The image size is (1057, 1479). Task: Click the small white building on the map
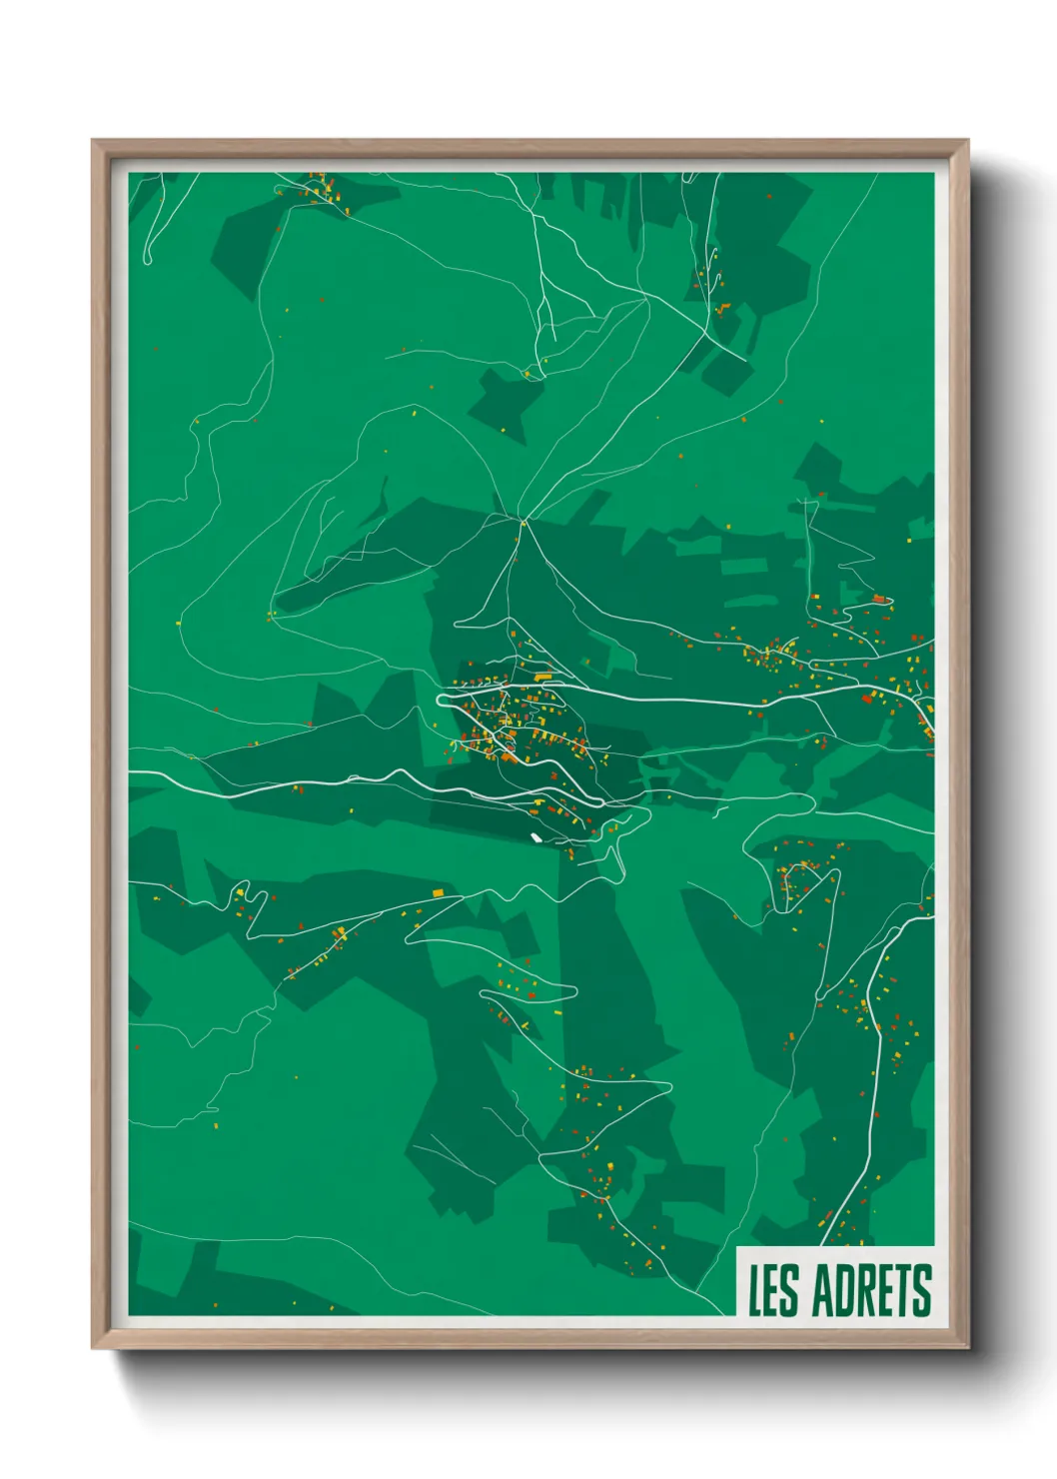[536, 837]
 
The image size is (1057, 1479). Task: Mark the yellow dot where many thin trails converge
[523, 521]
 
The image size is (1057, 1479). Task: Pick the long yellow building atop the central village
[543, 678]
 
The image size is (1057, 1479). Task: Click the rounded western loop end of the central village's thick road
[441, 699]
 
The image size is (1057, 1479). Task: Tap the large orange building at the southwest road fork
[437, 891]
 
